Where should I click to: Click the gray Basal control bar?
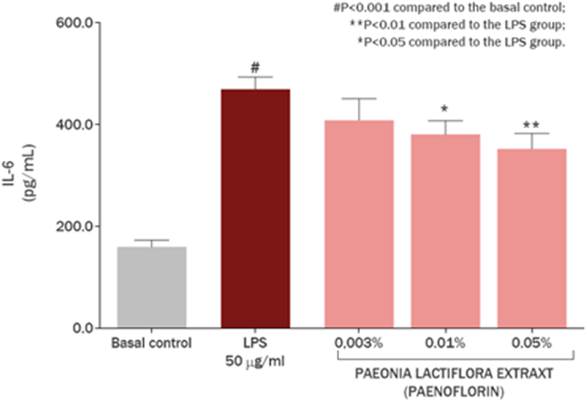tap(152, 287)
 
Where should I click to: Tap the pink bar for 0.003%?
tap(359, 224)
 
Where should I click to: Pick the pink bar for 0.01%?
tap(445, 231)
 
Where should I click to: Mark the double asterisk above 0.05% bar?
tap(531, 125)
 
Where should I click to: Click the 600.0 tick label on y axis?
tap(74, 23)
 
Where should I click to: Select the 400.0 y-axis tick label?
tap(74, 124)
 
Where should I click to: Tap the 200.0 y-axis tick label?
tap(74, 226)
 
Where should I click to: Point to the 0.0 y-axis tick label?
tap(83, 328)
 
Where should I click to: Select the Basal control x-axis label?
tap(151, 343)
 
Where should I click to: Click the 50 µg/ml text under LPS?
tap(255, 361)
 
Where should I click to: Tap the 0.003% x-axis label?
tap(358, 343)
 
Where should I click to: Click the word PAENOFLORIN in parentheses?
tap(454, 392)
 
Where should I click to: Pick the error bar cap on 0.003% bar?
tap(359, 99)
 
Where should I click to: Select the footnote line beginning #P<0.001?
tap(449, 8)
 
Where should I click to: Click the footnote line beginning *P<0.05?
tap(461, 42)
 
